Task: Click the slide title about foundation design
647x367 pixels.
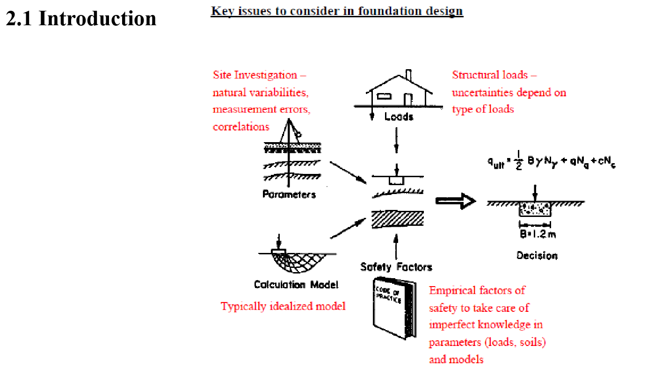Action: [337, 11]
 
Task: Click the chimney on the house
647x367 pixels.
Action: [408, 75]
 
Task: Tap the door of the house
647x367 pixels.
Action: [407, 99]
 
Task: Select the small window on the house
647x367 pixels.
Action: [384, 96]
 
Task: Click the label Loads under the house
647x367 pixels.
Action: [399, 116]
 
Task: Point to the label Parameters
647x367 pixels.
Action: [289, 194]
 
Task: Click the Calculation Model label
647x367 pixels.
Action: [296, 284]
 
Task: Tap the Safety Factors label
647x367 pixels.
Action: [396, 267]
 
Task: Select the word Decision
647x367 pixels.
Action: [537, 256]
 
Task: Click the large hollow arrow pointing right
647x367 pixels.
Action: [455, 201]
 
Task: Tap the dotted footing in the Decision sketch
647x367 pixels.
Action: [535, 210]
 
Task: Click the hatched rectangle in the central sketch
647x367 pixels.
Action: [397, 219]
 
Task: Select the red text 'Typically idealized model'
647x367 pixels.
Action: [283, 306]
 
